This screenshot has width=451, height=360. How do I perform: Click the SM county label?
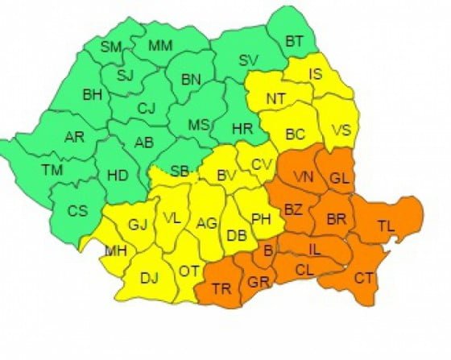(x=110, y=47)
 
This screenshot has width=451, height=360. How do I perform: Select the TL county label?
(x=388, y=228)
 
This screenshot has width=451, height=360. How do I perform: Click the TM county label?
(x=52, y=170)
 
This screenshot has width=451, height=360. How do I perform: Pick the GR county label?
(x=258, y=283)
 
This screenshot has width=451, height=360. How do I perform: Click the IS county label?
(x=318, y=75)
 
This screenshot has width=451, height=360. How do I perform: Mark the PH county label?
(x=262, y=219)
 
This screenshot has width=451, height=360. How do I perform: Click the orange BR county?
(x=337, y=217)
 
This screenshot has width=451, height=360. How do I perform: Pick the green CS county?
(x=77, y=211)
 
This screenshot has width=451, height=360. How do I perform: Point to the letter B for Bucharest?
(x=268, y=252)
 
